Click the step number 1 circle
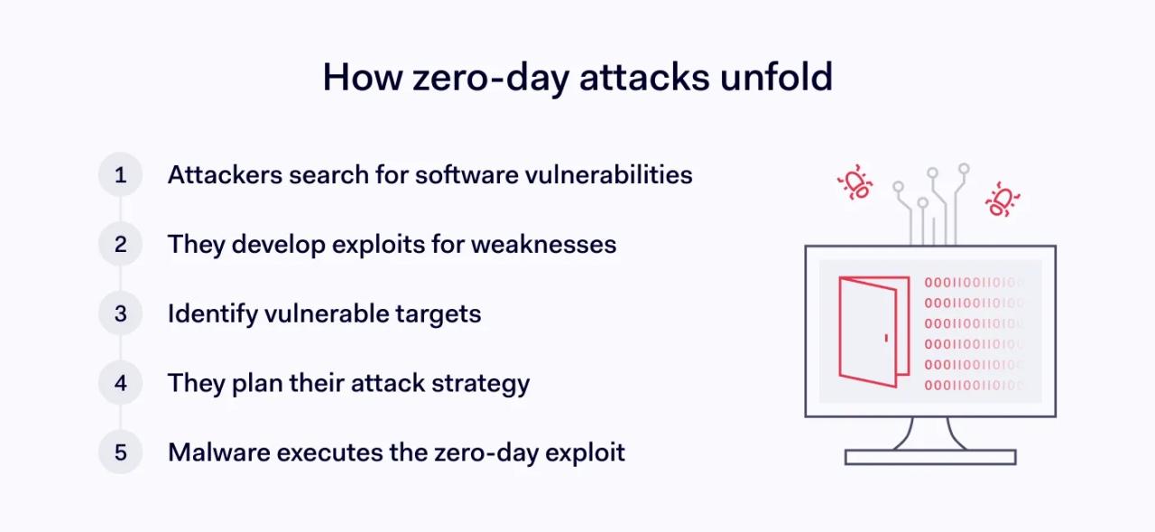120,174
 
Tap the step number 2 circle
120,244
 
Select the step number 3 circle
120,313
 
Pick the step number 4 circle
120,383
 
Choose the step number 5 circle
120,453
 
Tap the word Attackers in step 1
224,174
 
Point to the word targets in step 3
439,313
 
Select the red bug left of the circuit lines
855,183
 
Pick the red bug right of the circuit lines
1001,200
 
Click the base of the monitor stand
930,457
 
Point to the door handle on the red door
886,338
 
